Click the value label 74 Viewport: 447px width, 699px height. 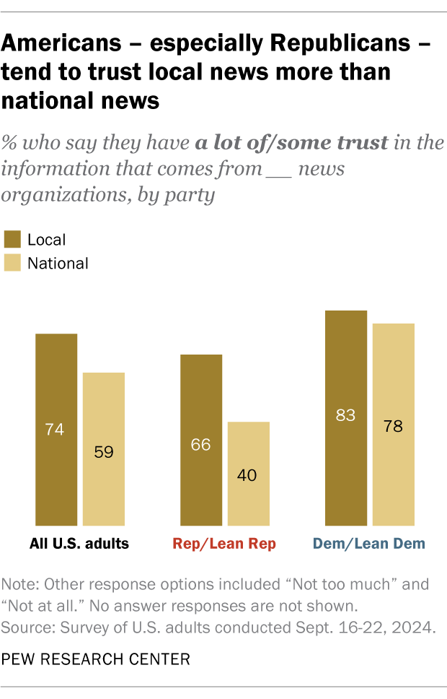point(55,430)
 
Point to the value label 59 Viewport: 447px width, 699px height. point(104,453)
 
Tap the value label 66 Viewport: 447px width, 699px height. point(200,444)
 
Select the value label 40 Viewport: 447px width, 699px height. point(248,476)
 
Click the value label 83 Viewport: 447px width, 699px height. point(345,415)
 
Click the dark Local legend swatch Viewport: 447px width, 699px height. point(12,239)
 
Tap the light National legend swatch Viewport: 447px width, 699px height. point(12,263)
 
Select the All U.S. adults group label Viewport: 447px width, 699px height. point(80,543)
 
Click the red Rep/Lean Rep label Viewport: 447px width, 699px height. point(225,543)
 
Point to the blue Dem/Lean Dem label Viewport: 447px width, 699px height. point(369,543)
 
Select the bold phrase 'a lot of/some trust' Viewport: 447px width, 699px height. point(292,142)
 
